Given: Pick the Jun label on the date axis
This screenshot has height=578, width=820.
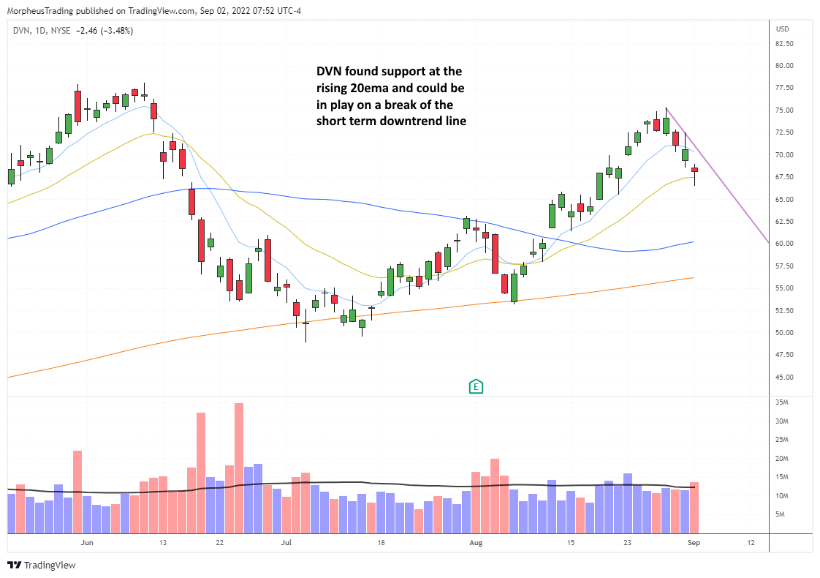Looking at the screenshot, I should pyautogui.click(x=87, y=543).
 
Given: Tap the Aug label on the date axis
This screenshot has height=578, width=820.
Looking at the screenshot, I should pyautogui.click(x=477, y=543).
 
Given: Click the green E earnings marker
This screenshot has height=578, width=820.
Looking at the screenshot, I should pyautogui.click(x=477, y=386).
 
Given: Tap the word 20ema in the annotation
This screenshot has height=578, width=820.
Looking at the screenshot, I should pyautogui.click(x=362, y=88).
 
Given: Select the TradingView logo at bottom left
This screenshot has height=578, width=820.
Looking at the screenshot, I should pyautogui.click(x=42, y=565).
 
